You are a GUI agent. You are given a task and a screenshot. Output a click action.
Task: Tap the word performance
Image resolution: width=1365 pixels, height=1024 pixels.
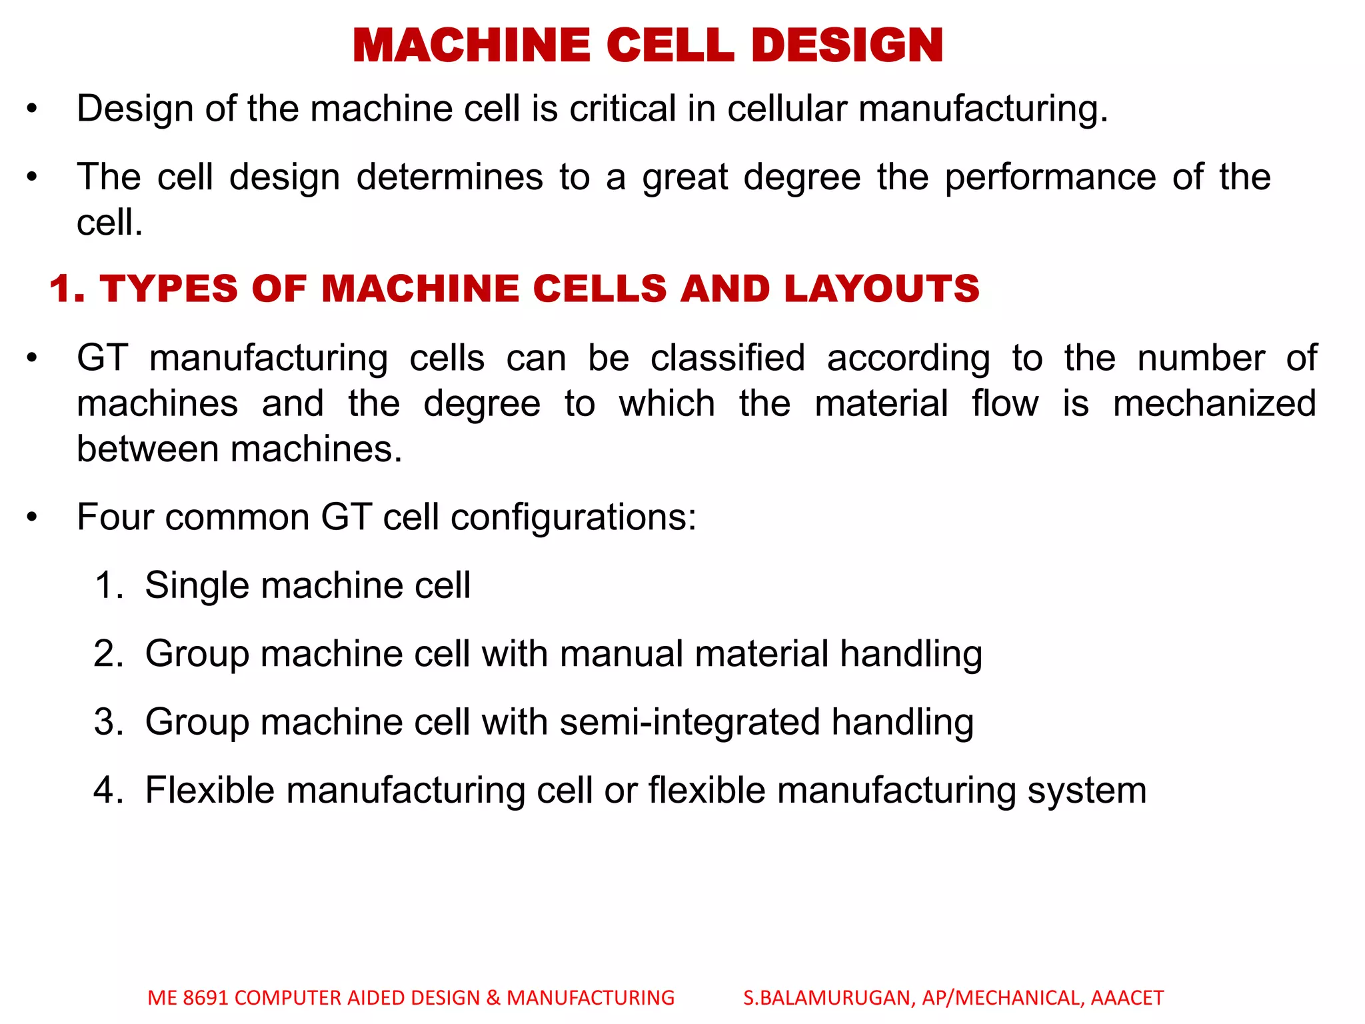click(x=1050, y=177)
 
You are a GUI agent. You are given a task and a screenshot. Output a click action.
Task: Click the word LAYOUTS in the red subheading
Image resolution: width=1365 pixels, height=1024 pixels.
click(x=881, y=289)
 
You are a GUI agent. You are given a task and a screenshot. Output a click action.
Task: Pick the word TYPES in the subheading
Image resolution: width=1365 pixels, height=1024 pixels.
click(x=169, y=289)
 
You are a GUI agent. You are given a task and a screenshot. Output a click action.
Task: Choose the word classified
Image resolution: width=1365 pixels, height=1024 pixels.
click(x=728, y=358)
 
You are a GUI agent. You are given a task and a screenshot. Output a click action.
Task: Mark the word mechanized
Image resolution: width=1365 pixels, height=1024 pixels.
click(x=1214, y=403)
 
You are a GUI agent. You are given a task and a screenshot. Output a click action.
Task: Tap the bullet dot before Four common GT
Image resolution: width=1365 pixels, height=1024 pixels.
click(x=32, y=517)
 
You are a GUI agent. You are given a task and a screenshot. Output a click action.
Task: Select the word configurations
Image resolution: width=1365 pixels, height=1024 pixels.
click(x=573, y=517)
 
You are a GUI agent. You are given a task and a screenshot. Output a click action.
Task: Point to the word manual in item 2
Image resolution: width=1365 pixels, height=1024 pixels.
click(x=621, y=653)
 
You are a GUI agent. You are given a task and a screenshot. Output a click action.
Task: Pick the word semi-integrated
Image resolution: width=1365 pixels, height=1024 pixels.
click(x=690, y=722)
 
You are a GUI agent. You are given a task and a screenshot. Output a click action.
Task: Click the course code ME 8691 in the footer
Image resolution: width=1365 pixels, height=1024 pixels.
click(x=188, y=997)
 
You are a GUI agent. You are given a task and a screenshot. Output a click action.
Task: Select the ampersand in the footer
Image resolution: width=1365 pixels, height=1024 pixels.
click(x=493, y=997)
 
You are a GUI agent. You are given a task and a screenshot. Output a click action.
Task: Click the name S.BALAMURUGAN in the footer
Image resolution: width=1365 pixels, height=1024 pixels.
click(x=829, y=997)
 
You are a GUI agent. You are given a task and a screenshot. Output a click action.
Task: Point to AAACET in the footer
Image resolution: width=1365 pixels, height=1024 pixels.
click(x=1127, y=997)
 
